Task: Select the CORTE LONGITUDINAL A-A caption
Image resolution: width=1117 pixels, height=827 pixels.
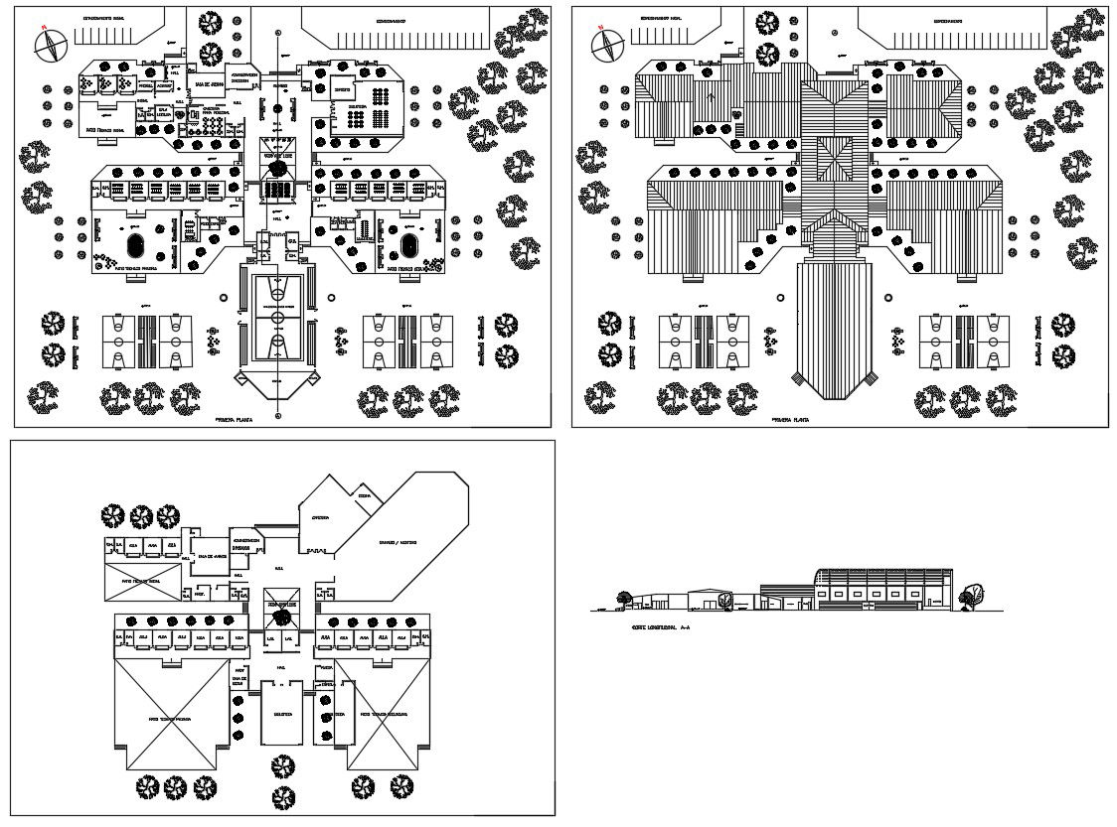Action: point(654,627)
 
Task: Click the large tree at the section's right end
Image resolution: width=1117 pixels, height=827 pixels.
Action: point(971,595)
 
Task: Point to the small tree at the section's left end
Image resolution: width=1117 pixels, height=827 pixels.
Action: point(623,597)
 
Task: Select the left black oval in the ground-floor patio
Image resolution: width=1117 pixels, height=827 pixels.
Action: point(136,242)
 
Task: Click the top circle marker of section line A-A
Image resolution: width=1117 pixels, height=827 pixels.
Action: point(277,31)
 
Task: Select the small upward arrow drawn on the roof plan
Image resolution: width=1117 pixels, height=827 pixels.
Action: point(711,96)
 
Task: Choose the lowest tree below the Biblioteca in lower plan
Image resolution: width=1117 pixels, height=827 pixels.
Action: point(282,796)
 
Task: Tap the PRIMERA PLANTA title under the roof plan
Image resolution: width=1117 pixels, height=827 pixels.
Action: point(791,420)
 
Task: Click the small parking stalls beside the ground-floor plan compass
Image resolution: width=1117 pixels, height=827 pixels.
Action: point(105,35)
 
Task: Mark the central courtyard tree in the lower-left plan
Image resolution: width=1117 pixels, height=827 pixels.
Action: point(282,615)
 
